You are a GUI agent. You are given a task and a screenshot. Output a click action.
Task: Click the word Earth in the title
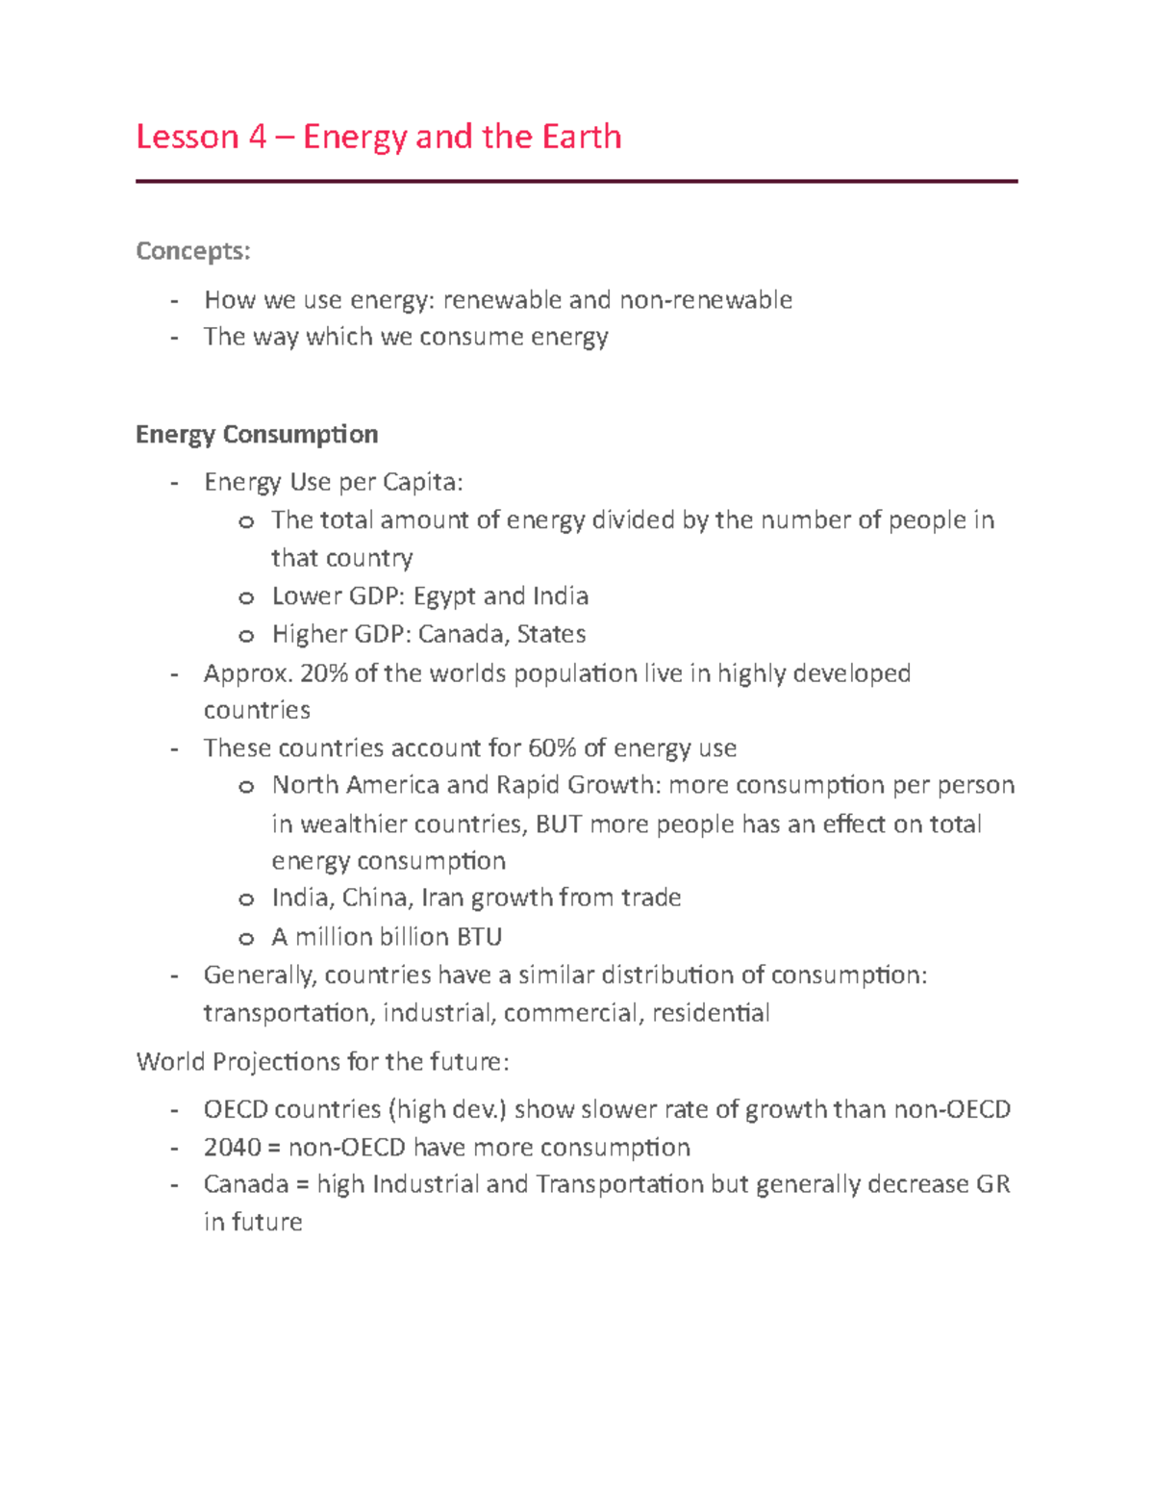coord(581,137)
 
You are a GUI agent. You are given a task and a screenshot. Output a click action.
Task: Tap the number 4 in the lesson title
coord(257,137)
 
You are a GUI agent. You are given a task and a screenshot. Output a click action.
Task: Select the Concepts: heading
coord(193,251)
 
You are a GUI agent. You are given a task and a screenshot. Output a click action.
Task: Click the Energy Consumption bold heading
coord(257,434)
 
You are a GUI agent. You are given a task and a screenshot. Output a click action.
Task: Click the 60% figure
coord(552,747)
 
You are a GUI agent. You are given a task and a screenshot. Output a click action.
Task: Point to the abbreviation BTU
coord(479,936)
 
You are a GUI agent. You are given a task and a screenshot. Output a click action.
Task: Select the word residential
coord(711,1013)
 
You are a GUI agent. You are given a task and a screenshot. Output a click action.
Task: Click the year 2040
coord(232,1147)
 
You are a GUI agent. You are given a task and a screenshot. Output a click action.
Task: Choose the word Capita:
coord(422,481)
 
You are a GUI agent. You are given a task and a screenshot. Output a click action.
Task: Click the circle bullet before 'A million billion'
coord(246,938)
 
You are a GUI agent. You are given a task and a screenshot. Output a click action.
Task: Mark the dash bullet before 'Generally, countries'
coord(174,975)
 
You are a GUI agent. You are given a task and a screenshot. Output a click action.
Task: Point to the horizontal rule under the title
coord(576,181)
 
